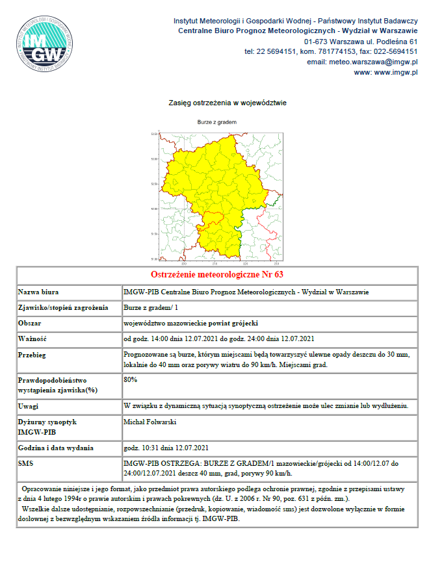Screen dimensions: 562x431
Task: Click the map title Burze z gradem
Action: (217, 122)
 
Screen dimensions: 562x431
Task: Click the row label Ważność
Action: (33, 338)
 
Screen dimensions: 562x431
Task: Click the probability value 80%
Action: (130, 379)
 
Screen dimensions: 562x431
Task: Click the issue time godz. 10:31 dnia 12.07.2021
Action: (166, 448)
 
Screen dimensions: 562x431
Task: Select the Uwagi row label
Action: (30, 406)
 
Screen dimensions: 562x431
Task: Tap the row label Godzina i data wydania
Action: (56, 448)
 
